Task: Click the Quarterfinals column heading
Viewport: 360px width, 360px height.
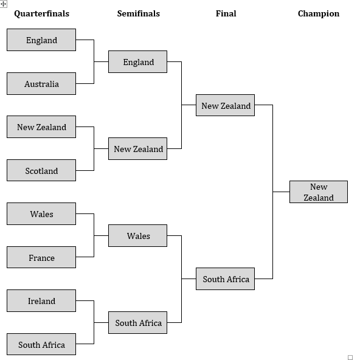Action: pos(41,13)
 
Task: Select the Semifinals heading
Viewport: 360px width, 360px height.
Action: pos(138,13)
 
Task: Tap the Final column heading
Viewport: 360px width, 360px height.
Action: pos(226,13)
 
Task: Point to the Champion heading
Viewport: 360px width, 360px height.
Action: pos(318,13)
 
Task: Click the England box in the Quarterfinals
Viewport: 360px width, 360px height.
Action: pos(41,40)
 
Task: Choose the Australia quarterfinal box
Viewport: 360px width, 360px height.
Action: pos(41,84)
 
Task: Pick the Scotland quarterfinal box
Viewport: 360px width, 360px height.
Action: pos(41,171)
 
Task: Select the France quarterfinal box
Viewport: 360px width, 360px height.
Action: pos(41,258)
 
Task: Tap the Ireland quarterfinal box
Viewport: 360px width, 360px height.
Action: pos(41,301)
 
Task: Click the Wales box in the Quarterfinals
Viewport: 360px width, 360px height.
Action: pos(41,214)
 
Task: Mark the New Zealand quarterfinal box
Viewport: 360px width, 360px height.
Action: pos(41,127)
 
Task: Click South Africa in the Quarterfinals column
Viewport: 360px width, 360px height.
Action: pos(41,345)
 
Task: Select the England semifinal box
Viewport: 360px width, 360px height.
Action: pos(138,62)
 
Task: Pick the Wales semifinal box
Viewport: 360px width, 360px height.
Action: pos(138,236)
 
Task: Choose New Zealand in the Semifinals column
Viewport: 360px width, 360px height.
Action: pos(138,149)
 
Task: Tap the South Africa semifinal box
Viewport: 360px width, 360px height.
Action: pos(138,323)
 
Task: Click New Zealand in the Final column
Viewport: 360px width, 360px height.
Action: pos(226,106)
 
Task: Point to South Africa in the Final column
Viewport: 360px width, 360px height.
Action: pos(226,279)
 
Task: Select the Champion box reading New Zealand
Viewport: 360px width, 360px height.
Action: pos(318,192)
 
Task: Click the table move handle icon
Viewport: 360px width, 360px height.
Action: pos(4,4)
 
